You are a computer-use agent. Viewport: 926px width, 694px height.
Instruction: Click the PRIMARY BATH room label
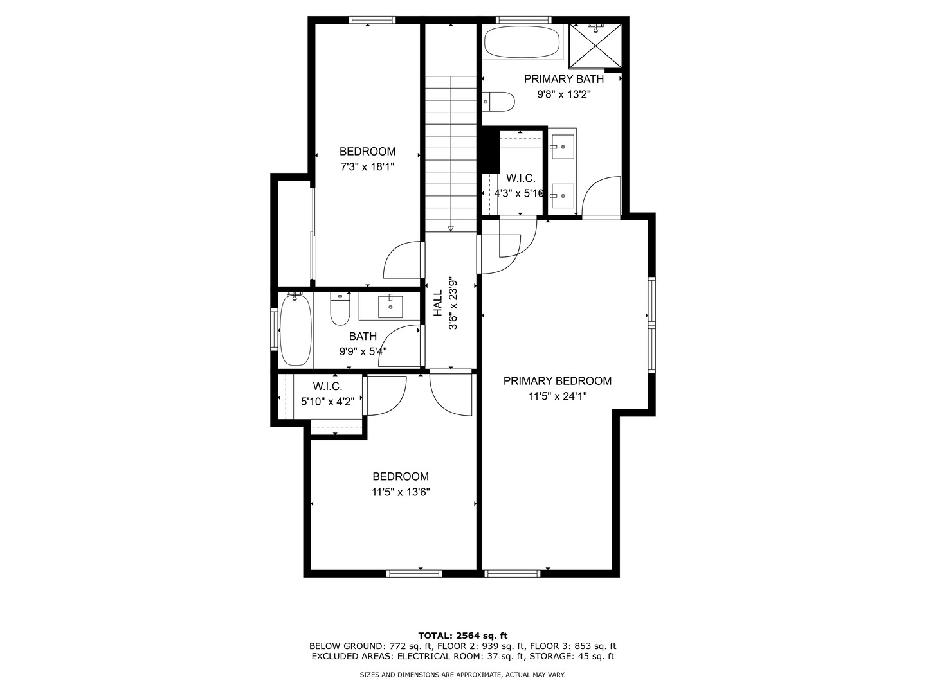(563, 79)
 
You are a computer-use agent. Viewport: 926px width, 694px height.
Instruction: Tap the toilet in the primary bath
(499, 102)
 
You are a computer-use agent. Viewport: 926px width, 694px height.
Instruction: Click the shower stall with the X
(596, 45)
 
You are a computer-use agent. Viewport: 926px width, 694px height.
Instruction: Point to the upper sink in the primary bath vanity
(562, 147)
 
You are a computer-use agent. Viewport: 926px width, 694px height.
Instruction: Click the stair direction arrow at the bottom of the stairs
(451, 227)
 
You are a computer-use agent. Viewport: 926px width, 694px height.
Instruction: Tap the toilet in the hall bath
(340, 309)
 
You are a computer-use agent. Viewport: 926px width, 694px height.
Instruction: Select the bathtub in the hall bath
(296, 330)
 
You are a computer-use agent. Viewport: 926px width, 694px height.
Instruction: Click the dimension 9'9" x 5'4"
(363, 351)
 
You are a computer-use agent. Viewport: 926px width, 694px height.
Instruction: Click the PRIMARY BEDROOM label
(557, 381)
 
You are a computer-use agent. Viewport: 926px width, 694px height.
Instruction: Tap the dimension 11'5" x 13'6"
(400, 492)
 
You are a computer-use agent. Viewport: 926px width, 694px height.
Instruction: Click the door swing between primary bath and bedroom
(601, 196)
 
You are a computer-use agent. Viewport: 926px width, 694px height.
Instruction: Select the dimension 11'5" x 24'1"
(557, 397)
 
